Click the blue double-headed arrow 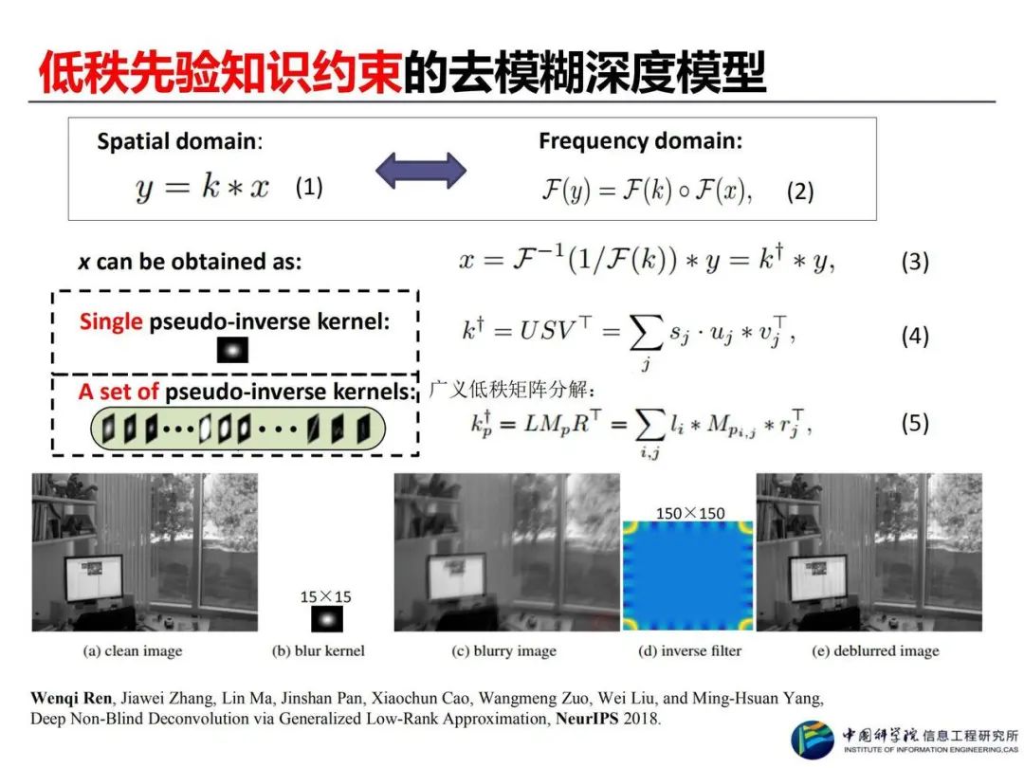421,171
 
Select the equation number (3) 914,262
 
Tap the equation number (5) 914,423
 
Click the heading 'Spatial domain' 176,142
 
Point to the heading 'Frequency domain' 640,141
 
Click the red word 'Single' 112,321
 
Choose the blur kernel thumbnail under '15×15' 326,619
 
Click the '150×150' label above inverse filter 690,513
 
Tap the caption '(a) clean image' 134,651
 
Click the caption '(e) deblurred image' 875,651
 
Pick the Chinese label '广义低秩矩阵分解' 513,390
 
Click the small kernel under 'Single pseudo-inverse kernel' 232,351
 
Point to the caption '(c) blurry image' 506,651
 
